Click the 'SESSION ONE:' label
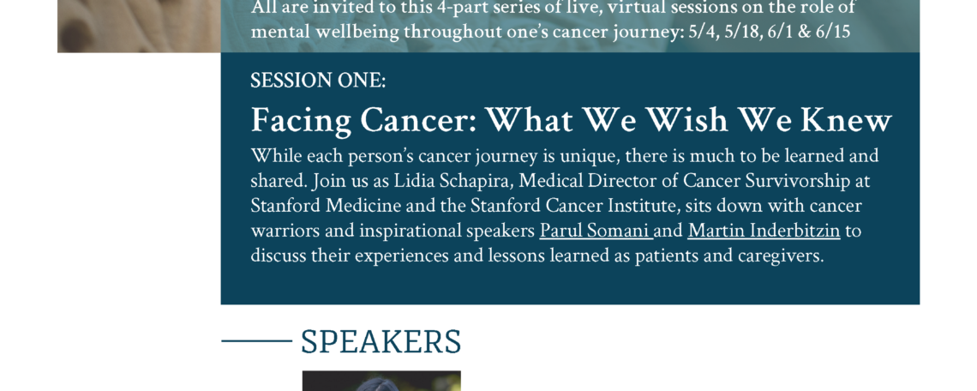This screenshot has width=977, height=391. pos(318,81)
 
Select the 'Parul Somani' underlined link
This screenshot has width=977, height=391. pos(595,232)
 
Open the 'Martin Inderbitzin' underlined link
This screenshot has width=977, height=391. pos(764,232)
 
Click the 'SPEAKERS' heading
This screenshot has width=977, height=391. pos(381,342)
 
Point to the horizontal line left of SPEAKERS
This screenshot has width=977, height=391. pos(256,341)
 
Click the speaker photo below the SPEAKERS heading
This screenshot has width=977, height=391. pos(381,381)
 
